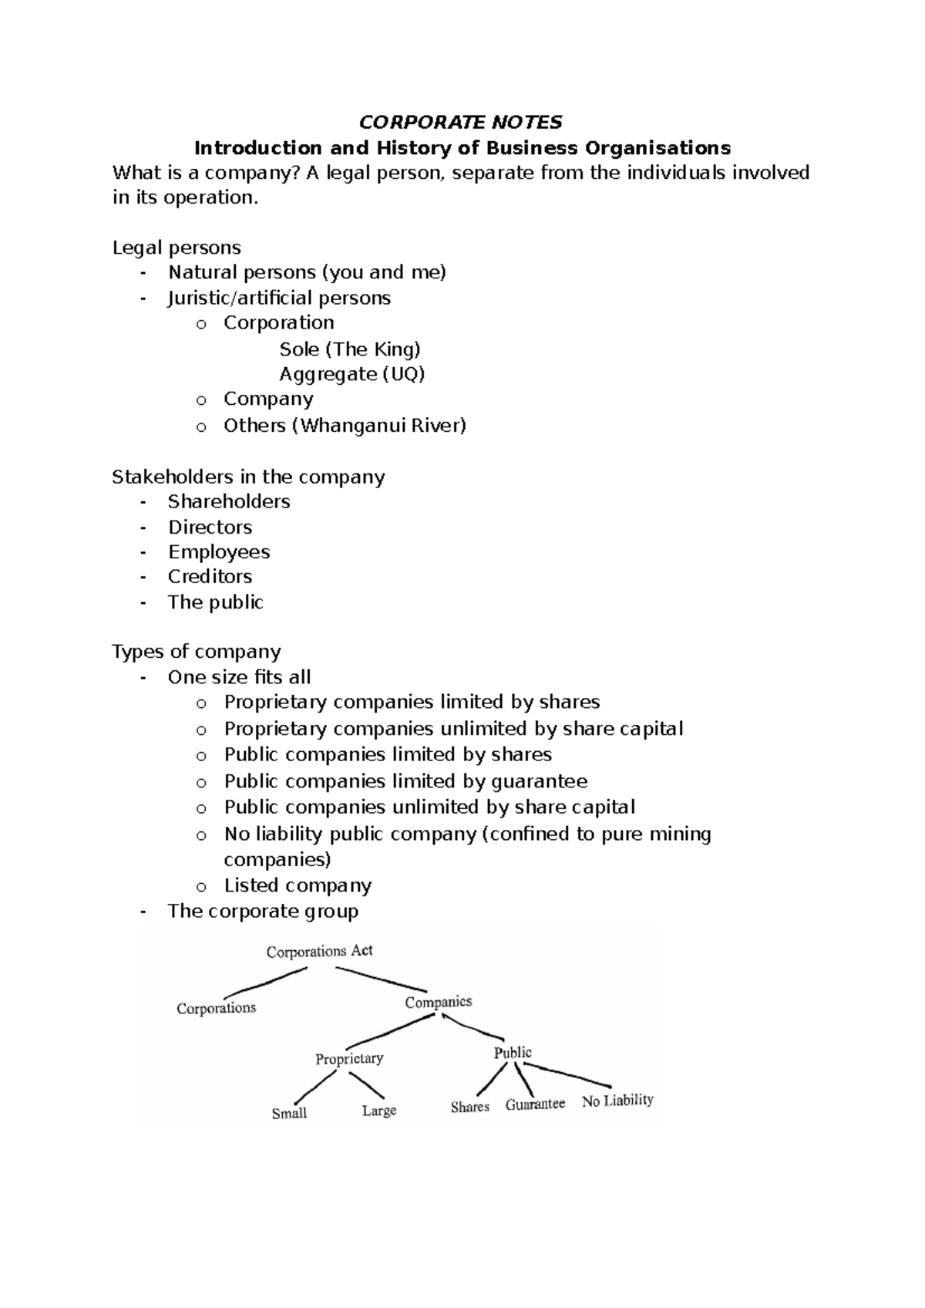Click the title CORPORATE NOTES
(461, 122)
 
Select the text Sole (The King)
(350, 349)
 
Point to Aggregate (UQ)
(352, 374)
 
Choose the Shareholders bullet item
(229, 501)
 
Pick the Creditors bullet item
(210, 576)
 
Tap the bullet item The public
(216, 602)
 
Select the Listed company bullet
(298, 885)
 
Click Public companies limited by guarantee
(405, 781)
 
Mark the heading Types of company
(197, 652)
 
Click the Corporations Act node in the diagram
(319, 951)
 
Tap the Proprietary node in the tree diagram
(349, 1059)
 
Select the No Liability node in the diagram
(617, 1101)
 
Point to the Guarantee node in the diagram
(535, 1104)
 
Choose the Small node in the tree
(289, 1113)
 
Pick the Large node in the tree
(379, 1111)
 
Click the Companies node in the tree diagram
(439, 1002)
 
